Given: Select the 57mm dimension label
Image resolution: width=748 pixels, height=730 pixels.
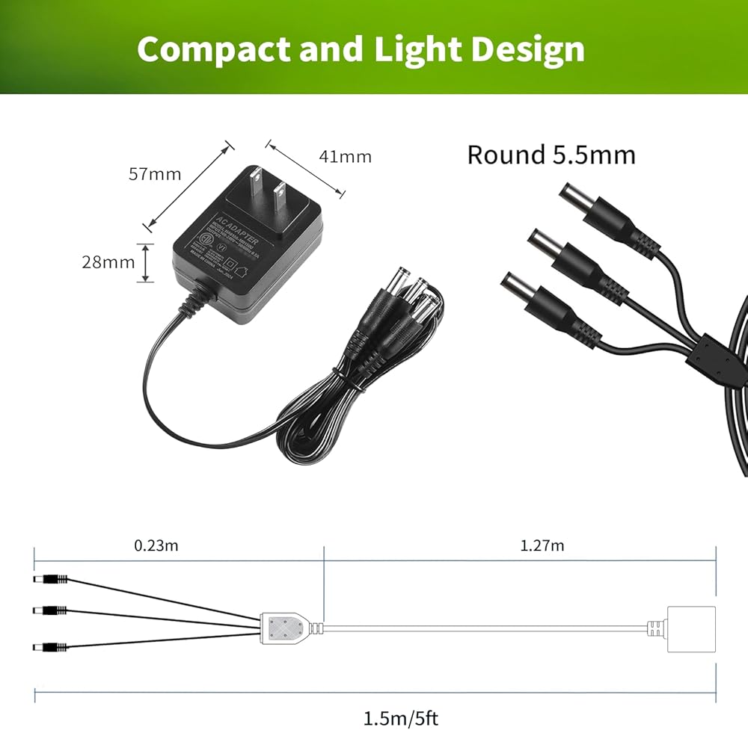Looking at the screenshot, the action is [155, 174].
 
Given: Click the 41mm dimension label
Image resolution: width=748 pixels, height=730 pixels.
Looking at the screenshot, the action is [345, 156].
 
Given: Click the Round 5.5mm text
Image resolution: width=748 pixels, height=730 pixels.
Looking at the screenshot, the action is [551, 155].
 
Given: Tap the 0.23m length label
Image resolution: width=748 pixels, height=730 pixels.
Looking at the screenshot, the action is [156, 545].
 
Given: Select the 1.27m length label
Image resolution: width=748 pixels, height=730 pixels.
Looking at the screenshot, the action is [542, 545].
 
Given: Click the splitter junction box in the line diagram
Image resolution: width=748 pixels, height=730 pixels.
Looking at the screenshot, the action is [286, 625].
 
